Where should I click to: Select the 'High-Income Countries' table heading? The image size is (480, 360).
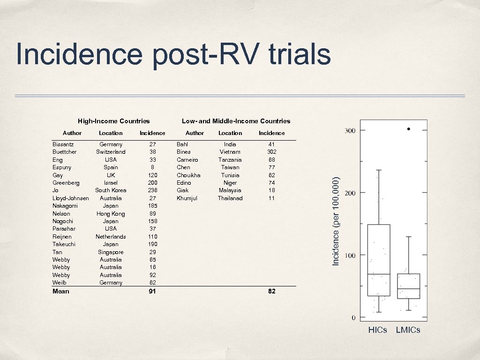pos(114,121)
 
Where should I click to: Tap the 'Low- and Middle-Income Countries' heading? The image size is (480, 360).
pos(236,121)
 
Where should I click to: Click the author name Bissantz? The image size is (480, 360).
pos(63,144)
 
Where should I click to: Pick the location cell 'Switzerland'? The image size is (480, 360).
pos(111,152)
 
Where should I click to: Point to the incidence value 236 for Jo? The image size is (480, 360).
pos(152,190)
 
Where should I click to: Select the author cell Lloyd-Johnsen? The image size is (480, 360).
pos(71,198)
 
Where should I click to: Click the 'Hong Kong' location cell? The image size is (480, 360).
pos(111,214)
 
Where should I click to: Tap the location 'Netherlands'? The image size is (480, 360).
pos(111,237)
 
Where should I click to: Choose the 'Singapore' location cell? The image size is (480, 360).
pos(111,252)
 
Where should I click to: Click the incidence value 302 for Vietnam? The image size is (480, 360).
pos(271,152)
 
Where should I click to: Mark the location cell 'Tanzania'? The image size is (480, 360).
pos(230,160)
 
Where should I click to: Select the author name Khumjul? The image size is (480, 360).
pos(187,198)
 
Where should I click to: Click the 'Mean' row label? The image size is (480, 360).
pos(61,292)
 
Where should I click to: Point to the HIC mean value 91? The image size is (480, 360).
pos(152,292)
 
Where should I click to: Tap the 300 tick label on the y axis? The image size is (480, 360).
pos(350,130)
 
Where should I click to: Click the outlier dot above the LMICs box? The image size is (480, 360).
pos(408,128)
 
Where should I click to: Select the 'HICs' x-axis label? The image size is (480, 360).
pos(378,330)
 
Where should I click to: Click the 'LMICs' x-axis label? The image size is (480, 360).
pos(408,330)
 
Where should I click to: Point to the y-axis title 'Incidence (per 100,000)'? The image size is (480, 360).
pos(336,220)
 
